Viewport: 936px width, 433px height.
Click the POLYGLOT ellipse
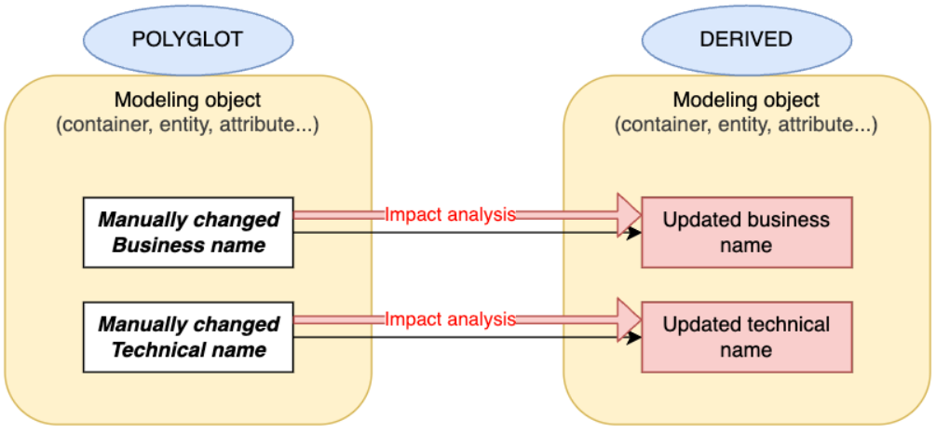(188, 39)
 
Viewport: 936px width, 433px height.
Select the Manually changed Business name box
(188, 232)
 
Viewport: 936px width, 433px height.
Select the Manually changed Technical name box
(188, 336)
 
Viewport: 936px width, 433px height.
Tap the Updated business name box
(746, 232)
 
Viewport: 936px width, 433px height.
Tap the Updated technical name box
(746, 336)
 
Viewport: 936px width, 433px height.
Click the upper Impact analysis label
(450, 214)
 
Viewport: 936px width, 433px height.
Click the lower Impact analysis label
(450, 318)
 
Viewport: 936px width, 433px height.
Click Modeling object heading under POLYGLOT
(188, 100)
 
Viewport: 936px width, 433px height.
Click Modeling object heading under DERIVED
(746, 100)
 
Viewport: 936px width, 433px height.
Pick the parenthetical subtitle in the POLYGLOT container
(188, 125)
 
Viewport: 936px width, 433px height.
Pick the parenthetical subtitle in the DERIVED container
(746, 125)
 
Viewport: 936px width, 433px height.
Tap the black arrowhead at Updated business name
(634, 232)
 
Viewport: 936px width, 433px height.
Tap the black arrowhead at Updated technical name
(634, 336)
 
